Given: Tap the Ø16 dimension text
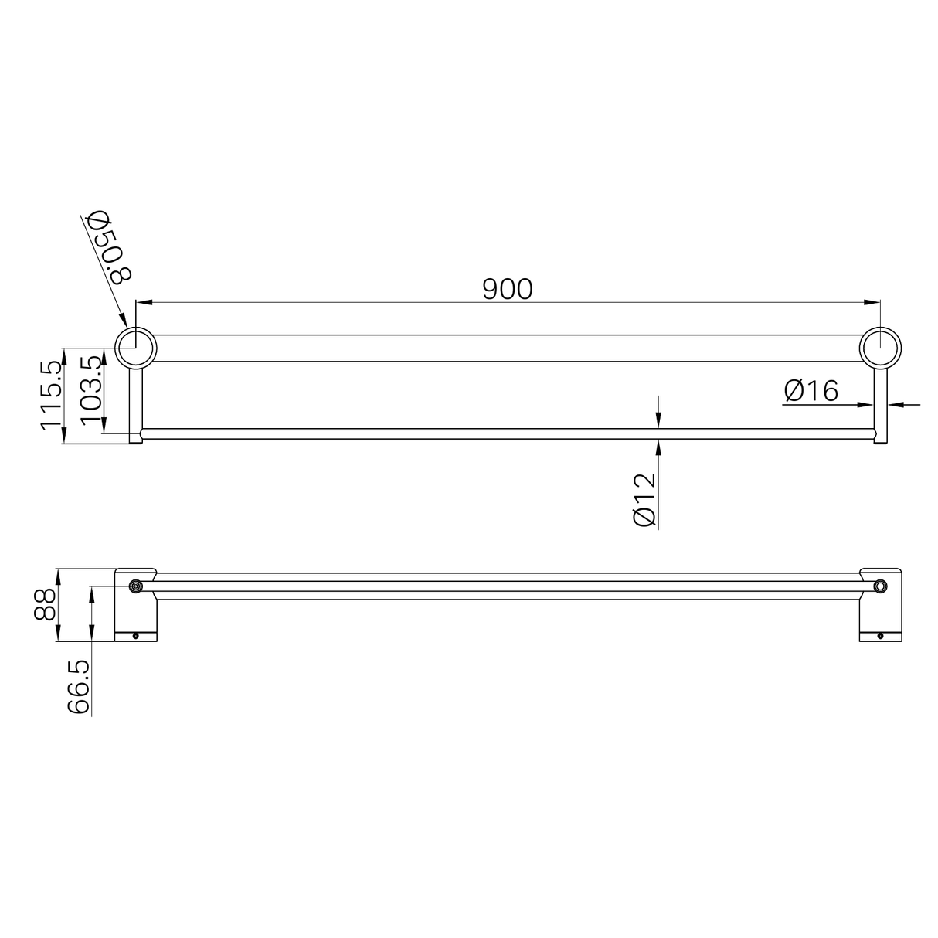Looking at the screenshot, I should (x=811, y=391).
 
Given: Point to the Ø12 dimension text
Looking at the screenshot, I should (x=644, y=499).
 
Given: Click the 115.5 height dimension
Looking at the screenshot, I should (x=51, y=396).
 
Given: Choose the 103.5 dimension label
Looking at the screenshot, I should (x=91, y=389).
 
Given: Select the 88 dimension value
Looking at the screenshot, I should (x=46, y=605).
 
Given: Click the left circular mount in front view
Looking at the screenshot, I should (x=136, y=348).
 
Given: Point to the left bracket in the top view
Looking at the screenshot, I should (x=136, y=605).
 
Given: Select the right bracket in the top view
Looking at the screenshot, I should (x=880, y=605).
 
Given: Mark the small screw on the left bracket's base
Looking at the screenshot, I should (x=136, y=636).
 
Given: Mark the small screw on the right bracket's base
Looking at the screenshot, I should (x=880, y=636).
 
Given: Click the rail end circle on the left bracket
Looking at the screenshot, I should (x=136, y=587).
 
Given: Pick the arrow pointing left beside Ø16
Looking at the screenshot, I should (x=896, y=403).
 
